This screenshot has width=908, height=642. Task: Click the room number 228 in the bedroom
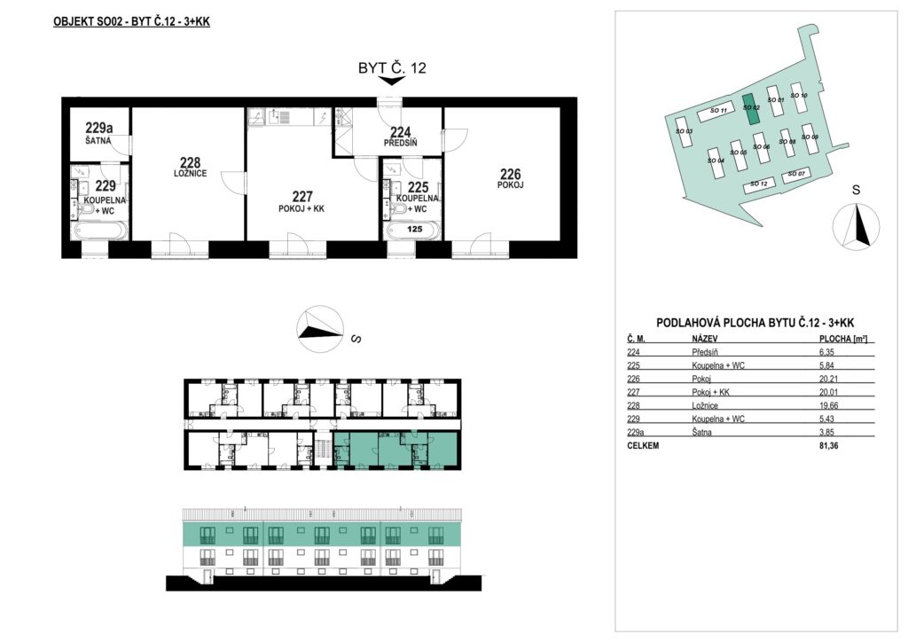pyautogui.click(x=190, y=162)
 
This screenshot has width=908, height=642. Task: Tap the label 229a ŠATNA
pyautogui.click(x=99, y=132)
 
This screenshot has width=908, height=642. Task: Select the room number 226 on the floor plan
pyautogui.click(x=510, y=174)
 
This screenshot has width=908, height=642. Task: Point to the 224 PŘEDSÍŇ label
pyautogui.click(x=400, y=137)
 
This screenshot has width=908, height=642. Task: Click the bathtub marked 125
pyautogui.click(x=413, y=230)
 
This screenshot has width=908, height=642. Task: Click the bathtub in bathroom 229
pyautogui.click(x=98, y=231)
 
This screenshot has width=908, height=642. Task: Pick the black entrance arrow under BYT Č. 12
pyautogui.click(x=391, y=81)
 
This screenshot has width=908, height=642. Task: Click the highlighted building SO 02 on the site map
pyautogui.click(x=751, y=109)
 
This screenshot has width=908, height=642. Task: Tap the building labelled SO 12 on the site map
pyautogui.click(x=759, y=184)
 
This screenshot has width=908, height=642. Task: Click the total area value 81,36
pyautogui.click(x=826, y=446)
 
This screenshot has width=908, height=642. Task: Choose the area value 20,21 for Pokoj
pyautogui.click(x=826, y=379)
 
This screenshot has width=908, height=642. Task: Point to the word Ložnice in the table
pyautogui.click(x=705, y=406)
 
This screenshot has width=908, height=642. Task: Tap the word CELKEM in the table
pyautogui.click(x=643, y=446)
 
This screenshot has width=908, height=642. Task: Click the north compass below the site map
pyautogui.click(x=856, y=226)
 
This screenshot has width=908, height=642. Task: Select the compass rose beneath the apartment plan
pyautogui.click(x=319, y=329)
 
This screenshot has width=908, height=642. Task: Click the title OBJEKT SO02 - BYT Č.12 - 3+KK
pyautogui.click(x=131, y=22)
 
